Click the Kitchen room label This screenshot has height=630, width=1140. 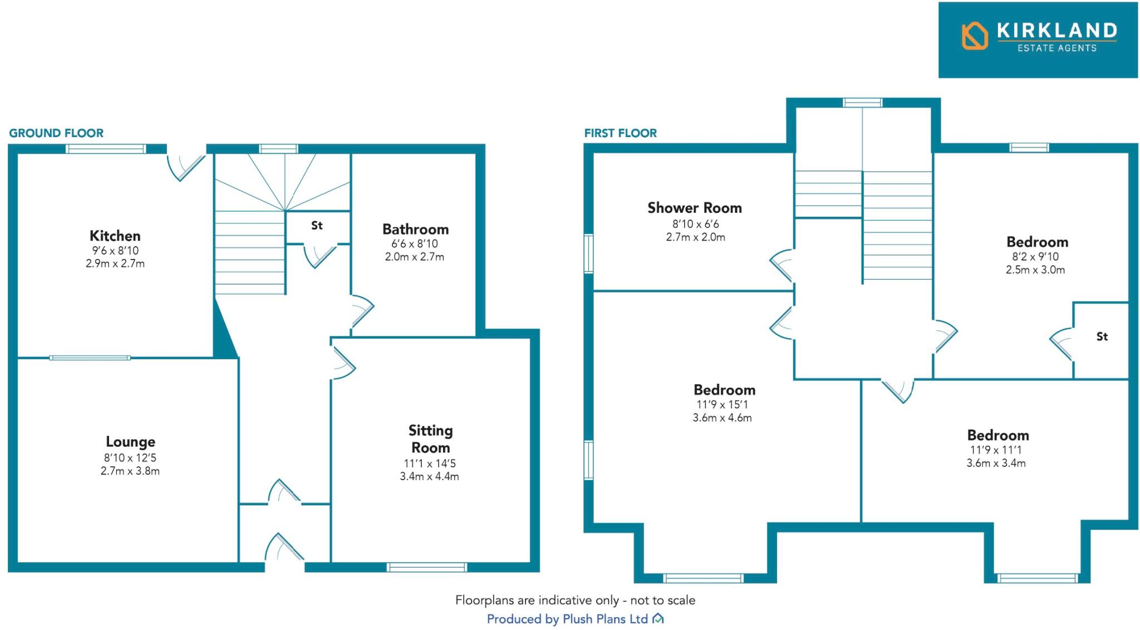[x=115, y=236]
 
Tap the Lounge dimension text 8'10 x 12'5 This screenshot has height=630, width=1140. [x=130, y=458]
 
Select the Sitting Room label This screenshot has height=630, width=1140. [x=430, y=439]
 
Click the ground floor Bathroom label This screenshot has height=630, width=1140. [x=415, y=229]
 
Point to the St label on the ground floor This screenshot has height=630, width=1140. [x=317, y=226]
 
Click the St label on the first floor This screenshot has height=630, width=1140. [x=1102, y=336]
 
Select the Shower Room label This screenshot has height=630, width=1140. [x=694, y=208]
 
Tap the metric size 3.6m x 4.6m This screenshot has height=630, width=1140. [x=722, y=418]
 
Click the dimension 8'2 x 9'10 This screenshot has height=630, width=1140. [x=1035, y=257]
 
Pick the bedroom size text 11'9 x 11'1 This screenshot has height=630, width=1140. [x=995, y=450]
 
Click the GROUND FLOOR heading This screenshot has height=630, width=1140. [x=56, y=133]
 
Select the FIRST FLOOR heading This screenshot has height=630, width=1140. [x=620, y=133]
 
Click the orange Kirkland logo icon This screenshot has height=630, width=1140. [x=974, y=36]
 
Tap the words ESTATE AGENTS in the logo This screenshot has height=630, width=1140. [x=1057, y=48]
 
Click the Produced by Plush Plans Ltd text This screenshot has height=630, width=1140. [x=567, y=619]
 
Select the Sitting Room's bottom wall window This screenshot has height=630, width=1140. [x=427, y=567]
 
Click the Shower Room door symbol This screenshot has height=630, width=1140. [x=782, y=265]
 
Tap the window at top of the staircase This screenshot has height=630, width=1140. [x=862, y=102]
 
